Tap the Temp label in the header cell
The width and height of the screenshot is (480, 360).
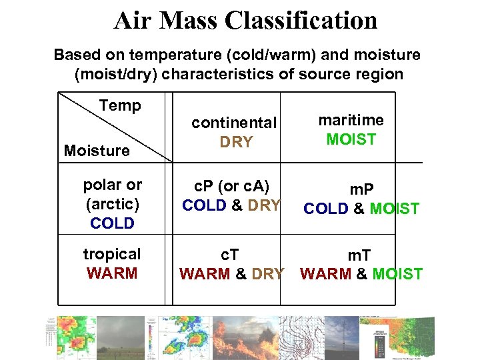tap(120, 105)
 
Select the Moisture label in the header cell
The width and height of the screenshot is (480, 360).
tap(97, 151)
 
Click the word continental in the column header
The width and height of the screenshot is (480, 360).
tap(233, 123)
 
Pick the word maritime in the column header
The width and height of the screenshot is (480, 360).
tap(351, 120)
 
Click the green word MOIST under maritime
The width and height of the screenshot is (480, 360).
tap(351, 139)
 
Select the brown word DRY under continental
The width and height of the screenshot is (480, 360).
tap(236, 142)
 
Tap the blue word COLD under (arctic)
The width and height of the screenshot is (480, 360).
tap(112, 223)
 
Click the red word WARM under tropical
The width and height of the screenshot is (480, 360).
tap(112, 273)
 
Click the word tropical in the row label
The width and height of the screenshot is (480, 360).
tap(112, 254)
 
